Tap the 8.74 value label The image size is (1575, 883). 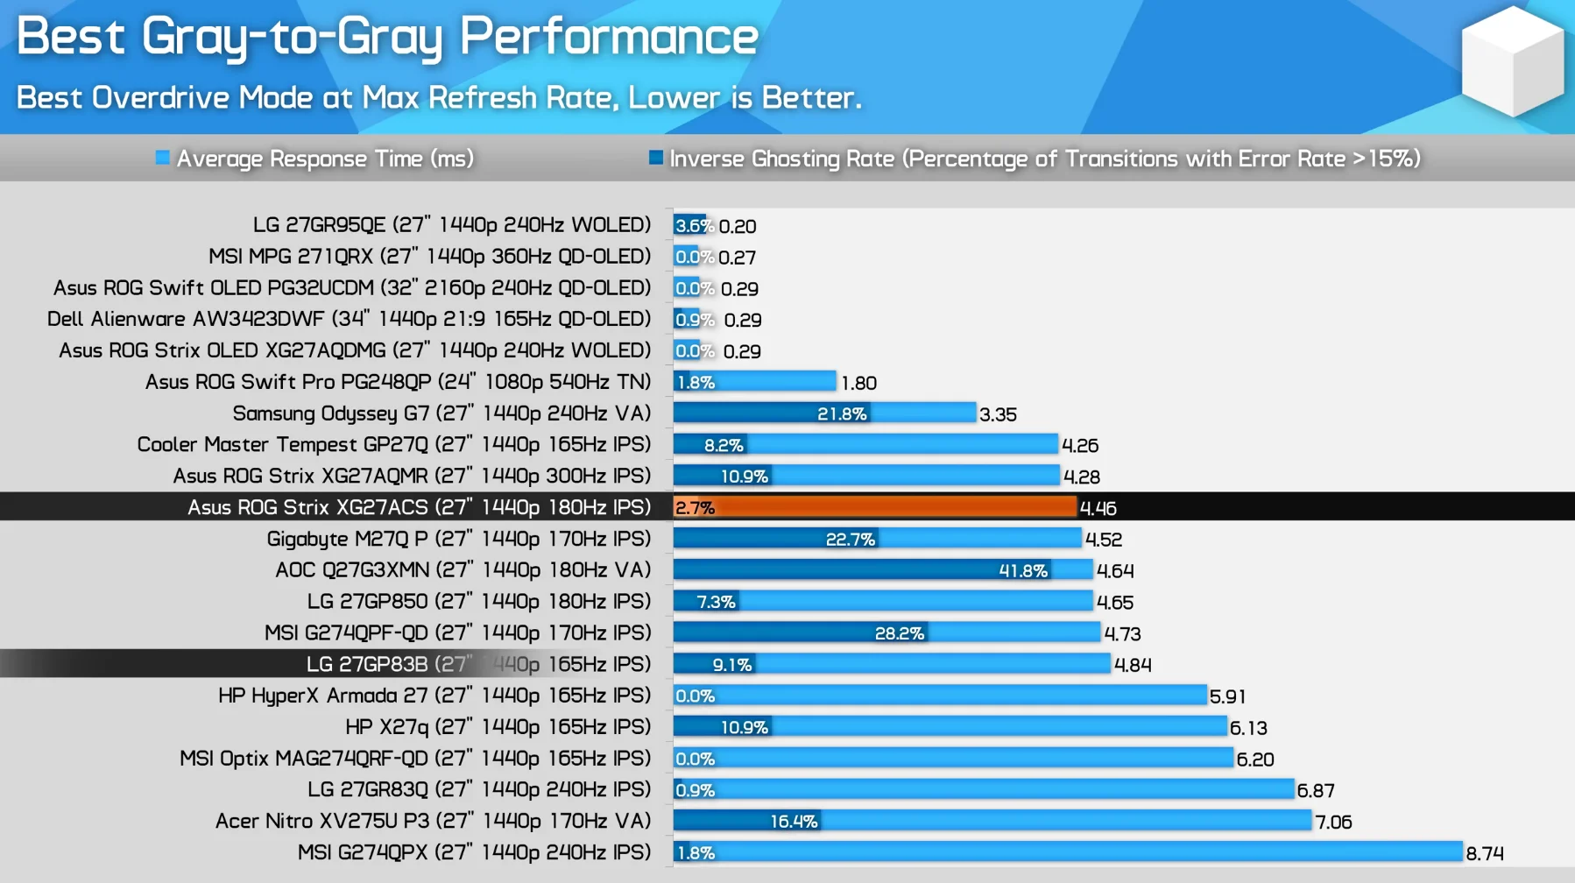1485,853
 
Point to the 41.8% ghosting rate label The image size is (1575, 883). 1023,571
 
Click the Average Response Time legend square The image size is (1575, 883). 162,158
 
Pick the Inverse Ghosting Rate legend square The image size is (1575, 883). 655,158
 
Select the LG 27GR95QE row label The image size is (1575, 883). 451,225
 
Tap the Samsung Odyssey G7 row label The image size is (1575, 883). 441,413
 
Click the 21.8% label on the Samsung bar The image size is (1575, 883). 842,414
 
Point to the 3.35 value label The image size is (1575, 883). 998,414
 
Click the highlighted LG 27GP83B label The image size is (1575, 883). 478,664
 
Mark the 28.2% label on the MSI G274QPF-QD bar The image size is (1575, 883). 899,633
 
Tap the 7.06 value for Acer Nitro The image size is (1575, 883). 1333,822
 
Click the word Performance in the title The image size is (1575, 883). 609,37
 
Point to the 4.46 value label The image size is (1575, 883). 1098,508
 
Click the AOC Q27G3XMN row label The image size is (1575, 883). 463,570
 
